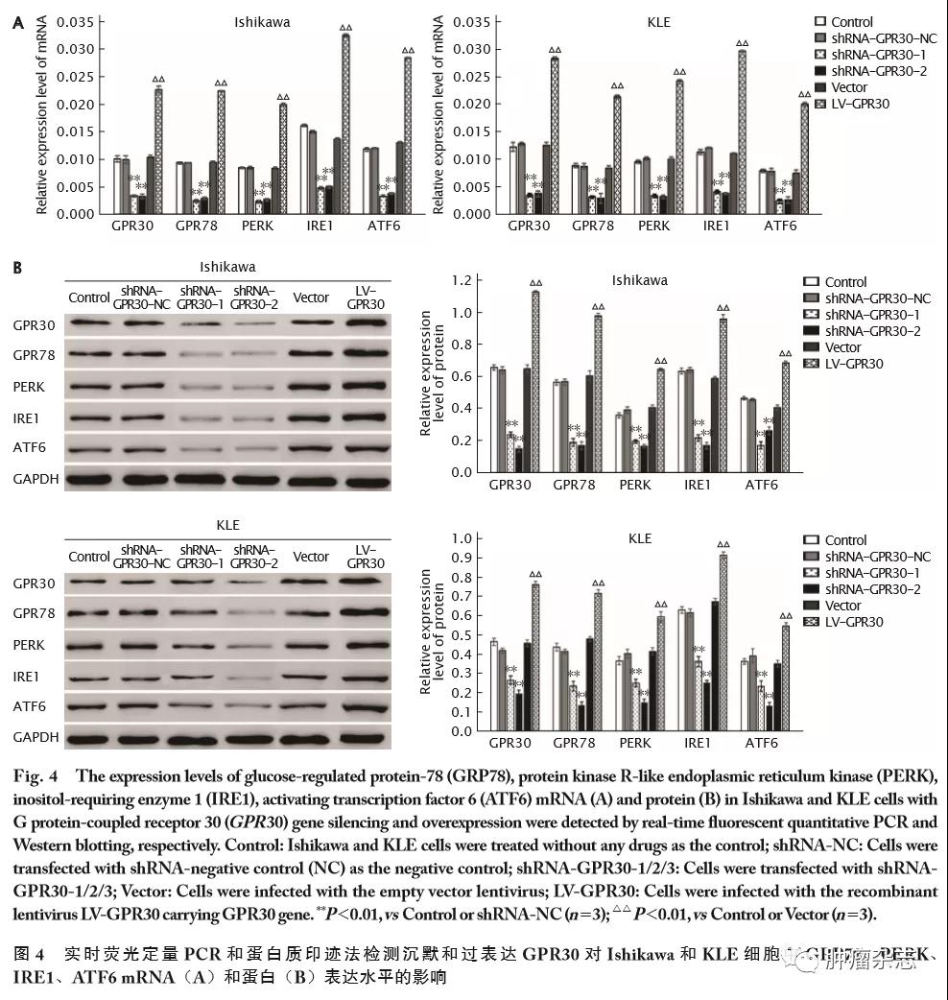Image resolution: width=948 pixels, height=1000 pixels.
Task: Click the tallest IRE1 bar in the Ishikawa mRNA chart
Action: (x=345, y=125)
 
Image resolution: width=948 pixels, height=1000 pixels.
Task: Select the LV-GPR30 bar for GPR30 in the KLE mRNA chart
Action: (x=554, y=135)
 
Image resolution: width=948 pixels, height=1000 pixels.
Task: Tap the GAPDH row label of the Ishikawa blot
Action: (x=36, y=477)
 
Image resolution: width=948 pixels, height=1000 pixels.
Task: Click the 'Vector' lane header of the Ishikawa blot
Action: (x=312, y=298)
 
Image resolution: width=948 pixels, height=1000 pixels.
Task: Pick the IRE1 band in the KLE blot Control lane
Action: (x=89, y=677)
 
